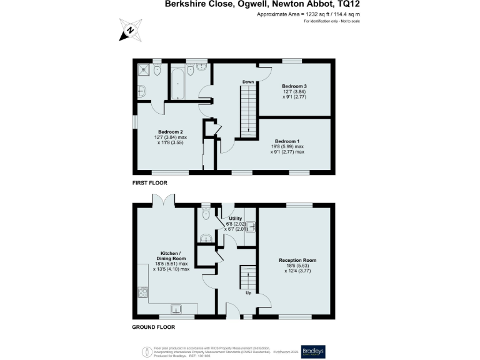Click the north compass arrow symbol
[x=129, y=29]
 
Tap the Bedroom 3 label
[x=294, y=86]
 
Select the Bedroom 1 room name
[x=287, y=141]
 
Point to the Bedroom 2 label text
[x=170, y=132]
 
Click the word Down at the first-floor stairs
[x=248, y=82]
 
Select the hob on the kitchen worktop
[x=143, y=293]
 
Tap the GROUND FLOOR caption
[x=153, y=327]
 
